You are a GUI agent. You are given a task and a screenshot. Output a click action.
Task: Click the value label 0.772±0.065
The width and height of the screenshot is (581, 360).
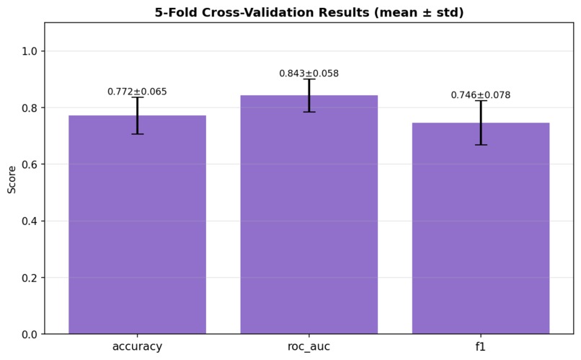137,92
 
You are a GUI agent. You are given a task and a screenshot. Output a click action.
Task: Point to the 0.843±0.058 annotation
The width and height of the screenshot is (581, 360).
309,74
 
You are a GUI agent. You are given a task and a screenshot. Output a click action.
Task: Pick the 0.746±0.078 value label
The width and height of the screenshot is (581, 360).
481,95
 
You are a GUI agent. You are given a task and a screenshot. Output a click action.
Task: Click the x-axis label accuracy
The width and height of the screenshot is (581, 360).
137,347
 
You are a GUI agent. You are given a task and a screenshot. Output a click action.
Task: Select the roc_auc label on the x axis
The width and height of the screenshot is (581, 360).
309,347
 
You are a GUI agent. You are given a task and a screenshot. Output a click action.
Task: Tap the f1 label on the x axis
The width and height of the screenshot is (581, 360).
481,347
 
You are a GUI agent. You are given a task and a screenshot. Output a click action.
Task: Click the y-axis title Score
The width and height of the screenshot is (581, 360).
12,178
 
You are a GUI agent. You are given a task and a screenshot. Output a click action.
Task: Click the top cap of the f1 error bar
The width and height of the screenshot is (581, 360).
481,101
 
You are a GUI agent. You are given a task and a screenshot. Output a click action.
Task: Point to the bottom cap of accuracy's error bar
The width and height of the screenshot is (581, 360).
137,134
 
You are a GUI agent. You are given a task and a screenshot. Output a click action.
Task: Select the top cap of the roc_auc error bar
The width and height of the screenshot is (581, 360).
309,79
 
